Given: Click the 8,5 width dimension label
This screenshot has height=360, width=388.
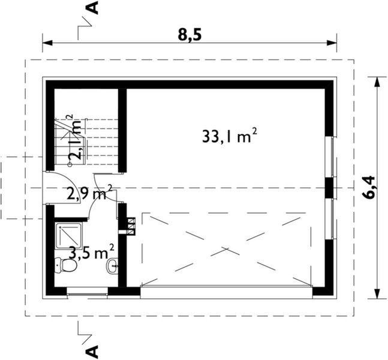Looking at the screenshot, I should (189, 34).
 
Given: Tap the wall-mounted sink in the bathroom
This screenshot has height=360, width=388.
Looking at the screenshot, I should (112, 265).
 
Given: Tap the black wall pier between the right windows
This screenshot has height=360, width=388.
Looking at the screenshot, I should (329, 187).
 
